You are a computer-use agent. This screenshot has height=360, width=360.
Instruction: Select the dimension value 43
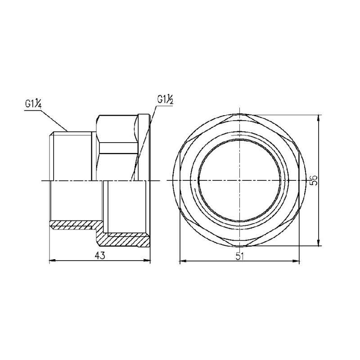click(x=100, y=256)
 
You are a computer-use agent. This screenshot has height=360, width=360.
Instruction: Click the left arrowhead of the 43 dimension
click(x=51, y=261)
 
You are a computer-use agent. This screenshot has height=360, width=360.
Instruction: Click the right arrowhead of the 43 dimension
click(x=148, y=261)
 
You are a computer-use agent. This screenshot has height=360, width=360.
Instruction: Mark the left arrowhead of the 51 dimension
click(x=182, y=261)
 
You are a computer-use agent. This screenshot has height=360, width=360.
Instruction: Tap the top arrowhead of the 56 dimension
click(x=319, y=118)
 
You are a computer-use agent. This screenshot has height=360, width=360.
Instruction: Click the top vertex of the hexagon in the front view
click(x=239, y=115)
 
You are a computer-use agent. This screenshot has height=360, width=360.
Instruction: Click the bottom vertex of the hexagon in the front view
click(x=239, y=246)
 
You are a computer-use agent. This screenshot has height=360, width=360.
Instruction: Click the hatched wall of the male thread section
click(x=72, y=223)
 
